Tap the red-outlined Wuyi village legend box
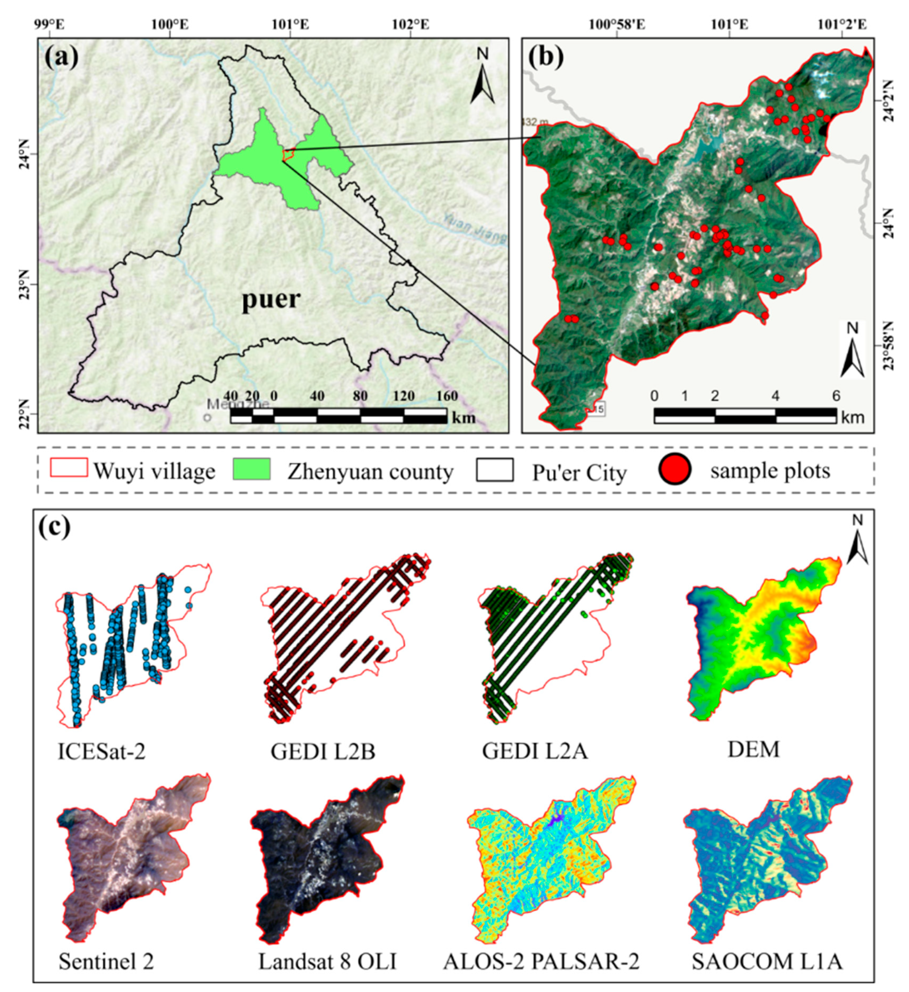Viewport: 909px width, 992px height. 69,468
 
